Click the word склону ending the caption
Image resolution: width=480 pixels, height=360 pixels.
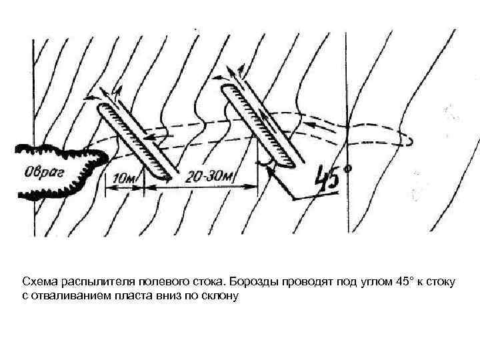[x=221, y=295]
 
